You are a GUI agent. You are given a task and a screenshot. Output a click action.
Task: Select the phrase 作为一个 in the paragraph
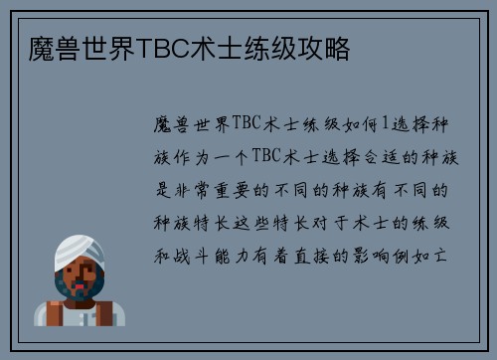click(x=209, y=157)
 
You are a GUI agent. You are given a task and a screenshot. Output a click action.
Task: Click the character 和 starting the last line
click(x=164, y=254)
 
